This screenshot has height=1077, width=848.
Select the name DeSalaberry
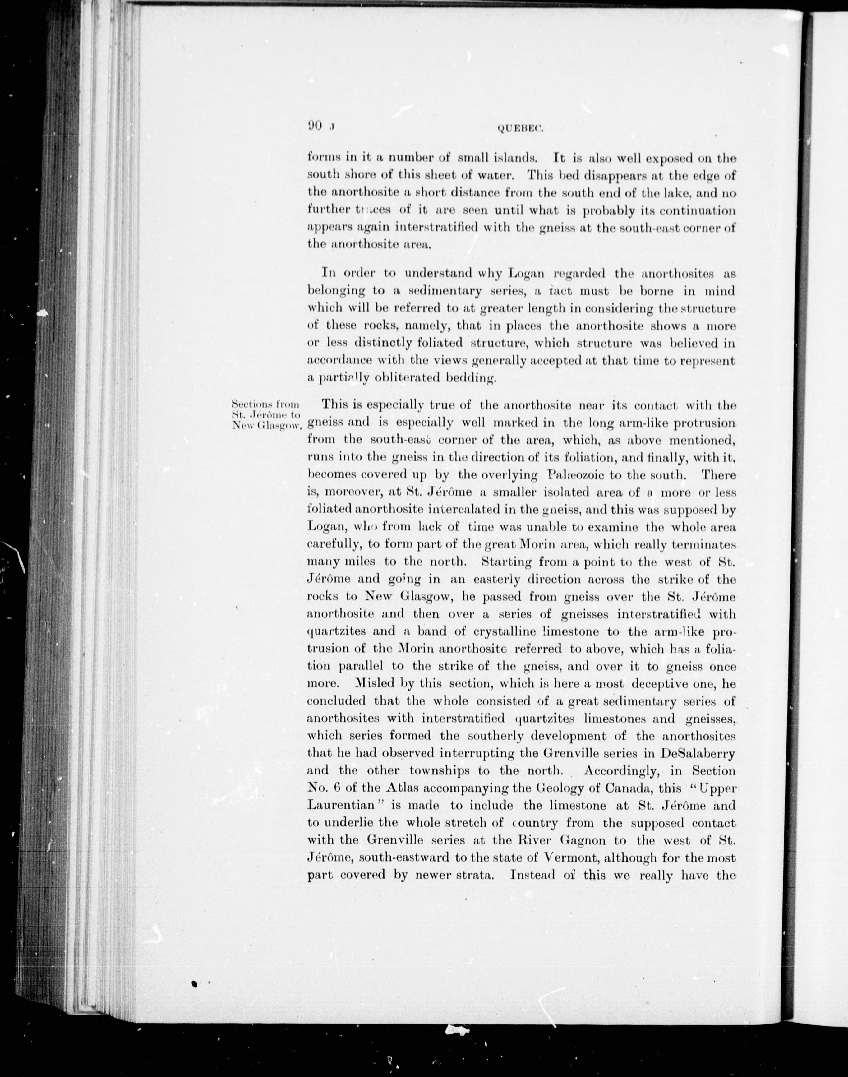click(x=698, y=753)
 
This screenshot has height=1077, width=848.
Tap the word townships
click(x=441, y=771)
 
